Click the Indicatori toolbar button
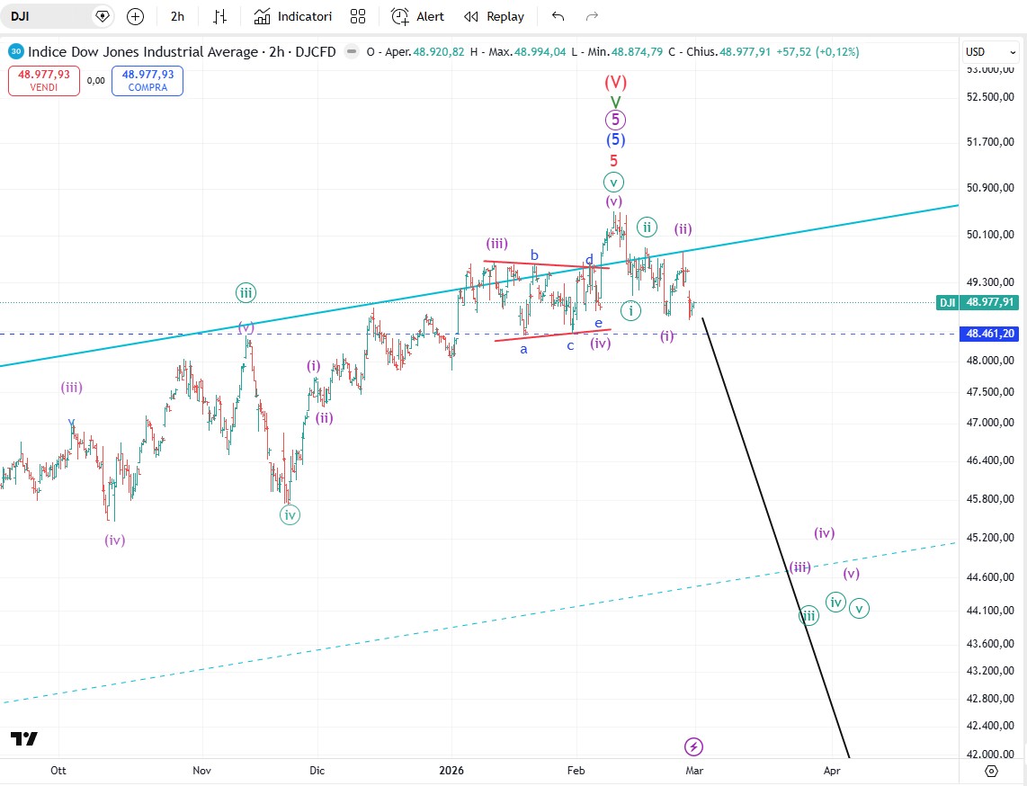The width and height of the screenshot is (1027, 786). pos(292,16)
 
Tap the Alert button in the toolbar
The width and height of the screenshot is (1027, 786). pos(418,16)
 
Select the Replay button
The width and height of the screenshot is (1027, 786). pos(494,16)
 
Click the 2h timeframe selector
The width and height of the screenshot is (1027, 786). pos(177,16)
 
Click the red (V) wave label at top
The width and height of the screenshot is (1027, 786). pos(615,83)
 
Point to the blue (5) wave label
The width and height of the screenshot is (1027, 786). pos(615,139)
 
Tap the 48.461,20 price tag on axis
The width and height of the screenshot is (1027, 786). pos(989,334)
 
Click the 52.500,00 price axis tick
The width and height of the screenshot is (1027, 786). pos(989,97)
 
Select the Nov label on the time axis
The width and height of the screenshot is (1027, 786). pos(201,771)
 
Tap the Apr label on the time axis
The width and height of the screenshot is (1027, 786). pos(832,771)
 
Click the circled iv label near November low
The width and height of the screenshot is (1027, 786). pos(290,514)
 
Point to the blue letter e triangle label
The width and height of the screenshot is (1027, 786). pos(598,322)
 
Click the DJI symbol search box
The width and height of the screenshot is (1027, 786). pos(54,16)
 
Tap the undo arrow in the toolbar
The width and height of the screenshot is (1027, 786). pos(558,16)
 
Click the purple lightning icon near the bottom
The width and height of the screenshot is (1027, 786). pos(693,746)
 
